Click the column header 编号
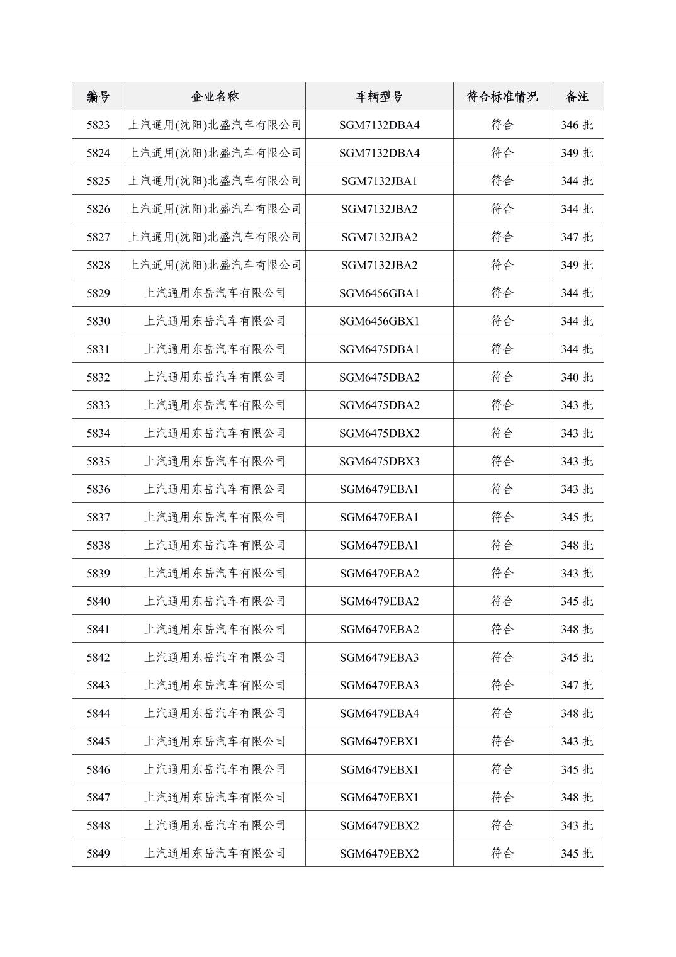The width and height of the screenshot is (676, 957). [x=98, y=96]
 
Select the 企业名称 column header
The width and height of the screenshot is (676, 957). [x=215, y=96]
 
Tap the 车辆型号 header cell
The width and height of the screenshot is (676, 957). [x=379, y=96]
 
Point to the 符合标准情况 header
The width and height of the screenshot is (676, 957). [x=502, y=96]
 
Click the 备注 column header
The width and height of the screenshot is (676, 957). [x=577, y=96]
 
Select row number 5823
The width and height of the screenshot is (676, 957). [x=98, y=125]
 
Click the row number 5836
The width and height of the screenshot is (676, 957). [x=98, y=489]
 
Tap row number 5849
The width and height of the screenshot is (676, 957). [x=98, y=854]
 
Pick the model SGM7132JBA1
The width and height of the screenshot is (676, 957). [x=379, y=181]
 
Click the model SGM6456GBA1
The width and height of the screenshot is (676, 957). [x=379, y=293]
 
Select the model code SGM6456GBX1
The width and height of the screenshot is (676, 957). [x=379, y=321]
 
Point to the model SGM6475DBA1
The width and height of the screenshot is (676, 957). [x=379, y=349]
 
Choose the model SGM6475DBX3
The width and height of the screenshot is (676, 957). [x=379, y=462]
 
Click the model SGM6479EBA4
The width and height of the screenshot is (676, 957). [x=379, y=713]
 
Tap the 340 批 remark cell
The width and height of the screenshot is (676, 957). [x=577, y=377]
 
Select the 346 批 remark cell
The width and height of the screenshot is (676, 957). [x=577, y=125]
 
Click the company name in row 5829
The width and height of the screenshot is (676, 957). [x=215, y=293]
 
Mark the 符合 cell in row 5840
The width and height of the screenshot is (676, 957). [x=502, y=601]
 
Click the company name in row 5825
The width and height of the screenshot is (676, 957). [x=215, y=181]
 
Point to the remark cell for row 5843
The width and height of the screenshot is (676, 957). [x=577, y=686]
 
